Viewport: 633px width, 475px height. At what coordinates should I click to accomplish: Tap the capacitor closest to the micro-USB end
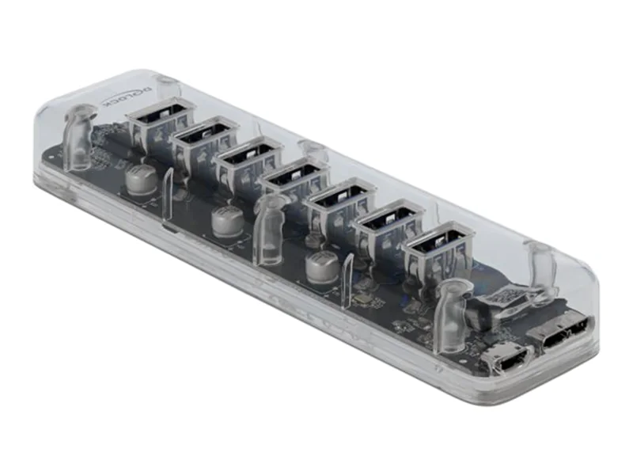[322, 266]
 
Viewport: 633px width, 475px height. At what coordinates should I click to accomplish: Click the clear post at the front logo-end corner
[78, 140]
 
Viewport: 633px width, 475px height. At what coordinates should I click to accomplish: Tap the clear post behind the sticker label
[541, 265]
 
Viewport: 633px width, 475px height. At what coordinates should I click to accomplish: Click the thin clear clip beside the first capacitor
[168, 195]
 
